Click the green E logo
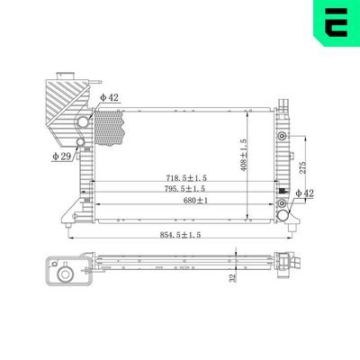coord(334,24)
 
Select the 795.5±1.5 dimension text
coord(184,189)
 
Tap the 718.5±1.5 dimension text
coord(184,176)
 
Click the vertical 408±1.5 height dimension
coord(242,156)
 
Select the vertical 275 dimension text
coord(305,166)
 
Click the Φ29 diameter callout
coord(61,157)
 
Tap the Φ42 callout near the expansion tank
coord(109,96)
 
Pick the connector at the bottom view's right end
coord(287,262)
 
